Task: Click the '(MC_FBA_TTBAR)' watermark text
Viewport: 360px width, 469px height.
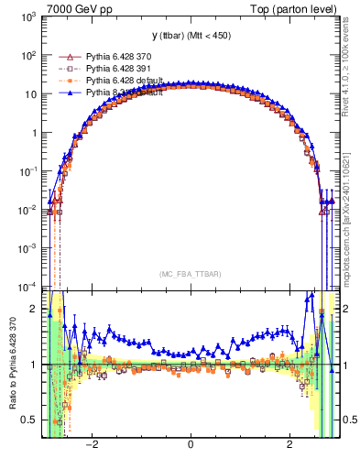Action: coord(191,274)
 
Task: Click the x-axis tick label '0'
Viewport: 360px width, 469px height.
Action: coord(190,445)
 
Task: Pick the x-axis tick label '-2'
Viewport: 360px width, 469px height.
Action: coord(91,445)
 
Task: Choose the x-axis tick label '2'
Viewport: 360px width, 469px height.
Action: coord(289,445)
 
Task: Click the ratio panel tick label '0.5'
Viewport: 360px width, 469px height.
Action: coord(29,420)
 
